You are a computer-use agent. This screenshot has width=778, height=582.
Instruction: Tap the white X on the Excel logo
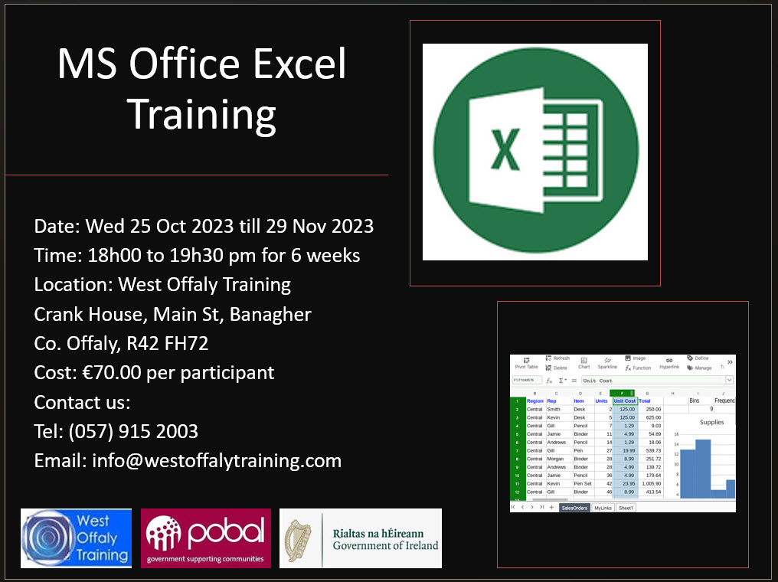pos(505,151)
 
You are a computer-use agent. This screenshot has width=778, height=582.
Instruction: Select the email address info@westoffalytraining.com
pos(217,460)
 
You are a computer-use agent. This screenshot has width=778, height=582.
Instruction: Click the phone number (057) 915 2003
pos(133,431)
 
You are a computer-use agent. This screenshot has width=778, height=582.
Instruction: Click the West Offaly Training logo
pos(76,538)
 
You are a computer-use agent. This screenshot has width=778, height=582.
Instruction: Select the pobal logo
pos(206,538)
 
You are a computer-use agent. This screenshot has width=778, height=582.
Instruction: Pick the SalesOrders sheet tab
pos(574,508)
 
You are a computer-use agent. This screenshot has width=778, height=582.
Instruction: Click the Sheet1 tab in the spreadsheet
pos(626,508)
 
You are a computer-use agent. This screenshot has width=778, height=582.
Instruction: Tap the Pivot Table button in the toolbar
pos(526,363)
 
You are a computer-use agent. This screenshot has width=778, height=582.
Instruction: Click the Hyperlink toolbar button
pos(668,363)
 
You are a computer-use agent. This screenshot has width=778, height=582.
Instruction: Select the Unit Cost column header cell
pos(624,401)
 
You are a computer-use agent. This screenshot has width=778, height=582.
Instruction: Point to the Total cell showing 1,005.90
pos(650,484)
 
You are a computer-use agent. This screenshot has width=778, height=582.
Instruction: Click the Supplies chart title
pos(711,422)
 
